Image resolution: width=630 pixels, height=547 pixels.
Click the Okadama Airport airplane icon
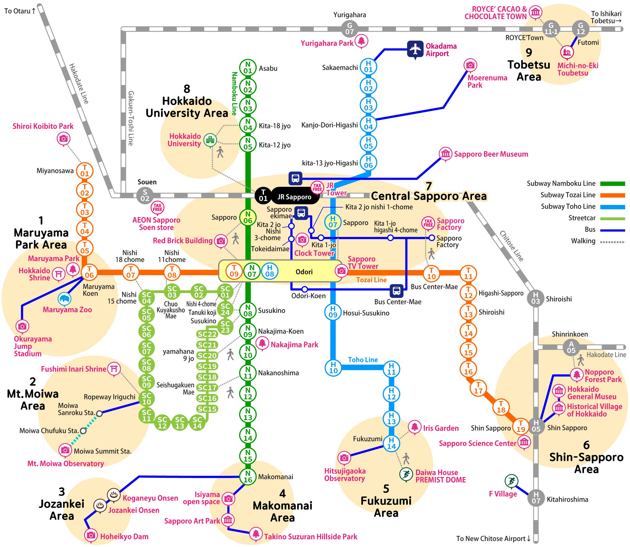415,49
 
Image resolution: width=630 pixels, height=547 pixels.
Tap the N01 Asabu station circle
248,68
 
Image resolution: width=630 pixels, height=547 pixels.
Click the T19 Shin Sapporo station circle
520,426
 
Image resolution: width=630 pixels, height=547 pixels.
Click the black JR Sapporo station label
294,197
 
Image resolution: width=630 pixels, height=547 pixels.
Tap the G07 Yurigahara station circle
350,28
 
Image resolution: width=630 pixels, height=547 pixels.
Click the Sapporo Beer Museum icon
445,153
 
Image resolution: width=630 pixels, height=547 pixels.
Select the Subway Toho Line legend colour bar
612,207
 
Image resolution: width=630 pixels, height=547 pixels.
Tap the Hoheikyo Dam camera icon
91,535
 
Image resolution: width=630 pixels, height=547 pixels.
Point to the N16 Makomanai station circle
248,476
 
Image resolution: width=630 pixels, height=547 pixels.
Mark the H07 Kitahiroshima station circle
536,498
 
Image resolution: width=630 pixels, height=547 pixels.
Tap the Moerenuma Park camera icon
470,65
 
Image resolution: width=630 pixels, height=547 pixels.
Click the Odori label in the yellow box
304,272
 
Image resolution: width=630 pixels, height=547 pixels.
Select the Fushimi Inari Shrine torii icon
114,368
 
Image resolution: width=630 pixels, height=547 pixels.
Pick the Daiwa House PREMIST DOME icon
406,474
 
